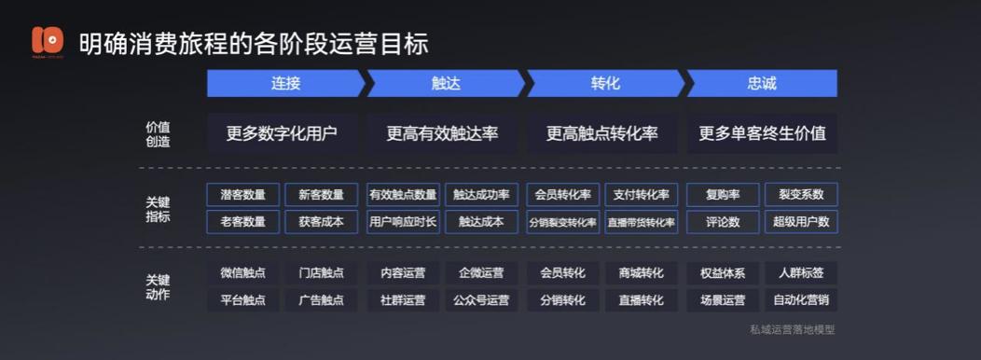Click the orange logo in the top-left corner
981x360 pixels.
(x=48, y=41)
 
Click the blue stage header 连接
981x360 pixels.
(x=285, y=83)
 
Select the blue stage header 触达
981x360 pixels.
(x=446, y=83)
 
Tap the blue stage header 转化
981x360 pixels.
(x=605, y=83)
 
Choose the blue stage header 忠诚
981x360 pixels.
(x=762, y=83)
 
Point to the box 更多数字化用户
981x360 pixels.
(x=282, y=133)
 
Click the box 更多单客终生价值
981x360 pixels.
(x=762, y=133)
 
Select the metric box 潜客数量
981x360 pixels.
(x=243, y=195)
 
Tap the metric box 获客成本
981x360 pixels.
(x=321, y=222)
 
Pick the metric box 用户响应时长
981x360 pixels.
(x=403, y=222)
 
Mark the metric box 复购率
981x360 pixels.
(x=723, y=195)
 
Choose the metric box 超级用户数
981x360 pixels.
(x=801, y=222)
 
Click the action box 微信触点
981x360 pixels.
(x=243, y=273)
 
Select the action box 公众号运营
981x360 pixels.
(x=481, y=300)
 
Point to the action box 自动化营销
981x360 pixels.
(x=801, y=300)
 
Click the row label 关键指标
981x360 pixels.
(x=158, y=208)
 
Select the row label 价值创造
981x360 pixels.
(x=158, y=133)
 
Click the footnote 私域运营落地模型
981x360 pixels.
(x=792, y=329)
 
